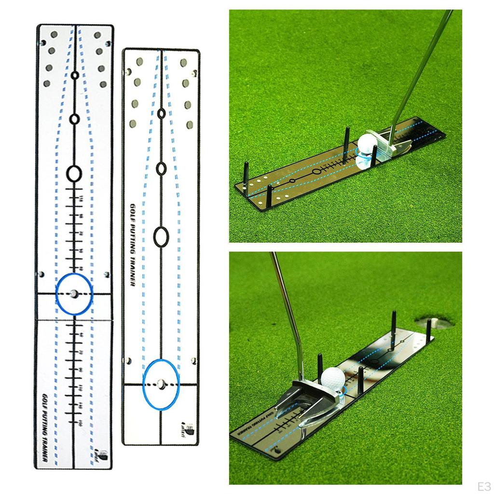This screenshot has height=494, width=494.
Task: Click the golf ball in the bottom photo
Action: [x=333, y=379]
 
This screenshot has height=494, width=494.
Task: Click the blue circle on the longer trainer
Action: [x=74, y=293]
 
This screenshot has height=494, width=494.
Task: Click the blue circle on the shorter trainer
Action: [x=161, y=384]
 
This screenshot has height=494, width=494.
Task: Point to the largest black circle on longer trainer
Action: [x=74, y=173]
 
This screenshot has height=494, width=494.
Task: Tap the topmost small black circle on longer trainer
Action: [x=75, y=75]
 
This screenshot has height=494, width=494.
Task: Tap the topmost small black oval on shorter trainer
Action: [x=161, y=113]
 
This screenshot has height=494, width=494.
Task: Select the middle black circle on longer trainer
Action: [x=74, y=119]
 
